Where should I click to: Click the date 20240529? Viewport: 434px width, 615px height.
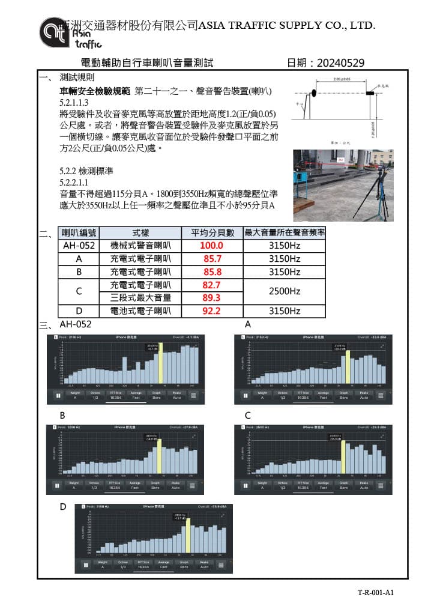(340, 63)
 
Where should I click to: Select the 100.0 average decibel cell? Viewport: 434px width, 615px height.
(212, 246)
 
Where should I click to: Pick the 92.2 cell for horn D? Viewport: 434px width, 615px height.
(212, 311)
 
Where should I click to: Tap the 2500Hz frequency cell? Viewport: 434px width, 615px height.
(284, 291)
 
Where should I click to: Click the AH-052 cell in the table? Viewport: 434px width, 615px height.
(79, 246)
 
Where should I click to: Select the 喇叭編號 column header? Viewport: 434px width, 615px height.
(79, 232)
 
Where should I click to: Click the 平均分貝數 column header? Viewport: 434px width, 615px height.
(212, 232)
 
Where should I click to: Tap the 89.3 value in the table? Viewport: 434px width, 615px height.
(212, 298)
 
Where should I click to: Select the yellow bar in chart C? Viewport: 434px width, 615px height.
(343, 455)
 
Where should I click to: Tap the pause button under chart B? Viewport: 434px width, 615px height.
(56, 485)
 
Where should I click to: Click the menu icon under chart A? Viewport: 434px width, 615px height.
(381, 395)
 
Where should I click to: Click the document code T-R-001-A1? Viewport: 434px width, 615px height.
(375, 593)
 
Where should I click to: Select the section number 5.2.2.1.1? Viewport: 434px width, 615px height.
(74, 182)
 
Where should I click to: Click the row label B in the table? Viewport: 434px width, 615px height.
(79, 271)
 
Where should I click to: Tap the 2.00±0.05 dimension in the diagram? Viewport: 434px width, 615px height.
(341, 80)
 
